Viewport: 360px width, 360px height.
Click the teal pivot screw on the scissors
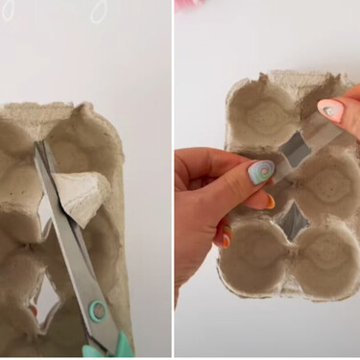tap(96, 310)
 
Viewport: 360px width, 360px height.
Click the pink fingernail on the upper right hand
tap(331, 111)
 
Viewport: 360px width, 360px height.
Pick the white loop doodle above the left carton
tap(98, 12)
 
